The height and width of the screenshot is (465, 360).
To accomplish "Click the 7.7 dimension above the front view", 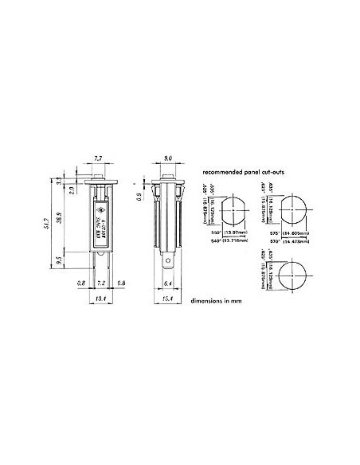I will pyautogui.click(x=98, y=159).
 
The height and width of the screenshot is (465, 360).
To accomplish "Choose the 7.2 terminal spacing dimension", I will pyautogui.click(x=100, y=283).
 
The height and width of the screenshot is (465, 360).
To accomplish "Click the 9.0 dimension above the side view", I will pyautogui.click(x=169, y=159).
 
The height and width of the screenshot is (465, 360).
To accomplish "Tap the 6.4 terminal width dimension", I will pyautogui.click(x=167, y=283).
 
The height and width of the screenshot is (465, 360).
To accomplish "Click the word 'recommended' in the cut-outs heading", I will pyautogui.click(x=224, y=172).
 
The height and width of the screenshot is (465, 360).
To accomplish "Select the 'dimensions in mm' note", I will pyautogui.click(x=216, y=301).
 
